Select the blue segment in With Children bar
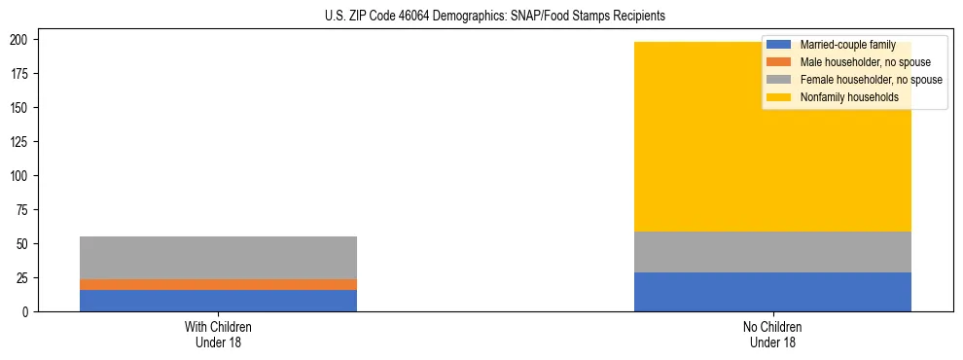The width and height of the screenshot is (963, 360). [x=218, y=301]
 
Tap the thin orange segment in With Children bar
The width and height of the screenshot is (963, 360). [x=218, y=284]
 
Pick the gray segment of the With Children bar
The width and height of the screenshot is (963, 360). [x=218, y=258]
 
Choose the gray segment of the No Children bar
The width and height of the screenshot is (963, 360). [x=772, y=252]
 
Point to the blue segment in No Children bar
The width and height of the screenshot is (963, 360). [x=772, y=292]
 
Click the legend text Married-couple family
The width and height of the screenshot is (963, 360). [x=847, y=45]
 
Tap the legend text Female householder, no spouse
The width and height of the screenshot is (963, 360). [x=871, y=80]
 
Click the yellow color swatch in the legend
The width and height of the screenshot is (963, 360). [x=779, y=97]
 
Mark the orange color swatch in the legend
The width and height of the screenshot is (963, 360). [x=779, y=62]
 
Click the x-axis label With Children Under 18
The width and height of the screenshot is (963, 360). [x=218, y=334]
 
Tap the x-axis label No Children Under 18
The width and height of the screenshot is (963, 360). [x=772, y=334]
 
